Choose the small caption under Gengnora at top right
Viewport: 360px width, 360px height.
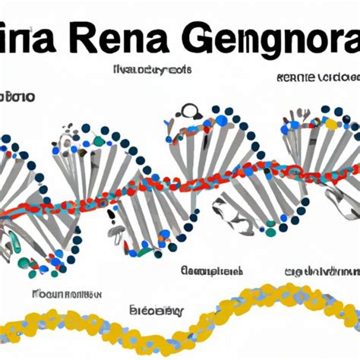pos(317,78)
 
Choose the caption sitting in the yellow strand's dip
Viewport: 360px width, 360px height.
pos(157,311)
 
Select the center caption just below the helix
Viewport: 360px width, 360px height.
pos(213,271)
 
